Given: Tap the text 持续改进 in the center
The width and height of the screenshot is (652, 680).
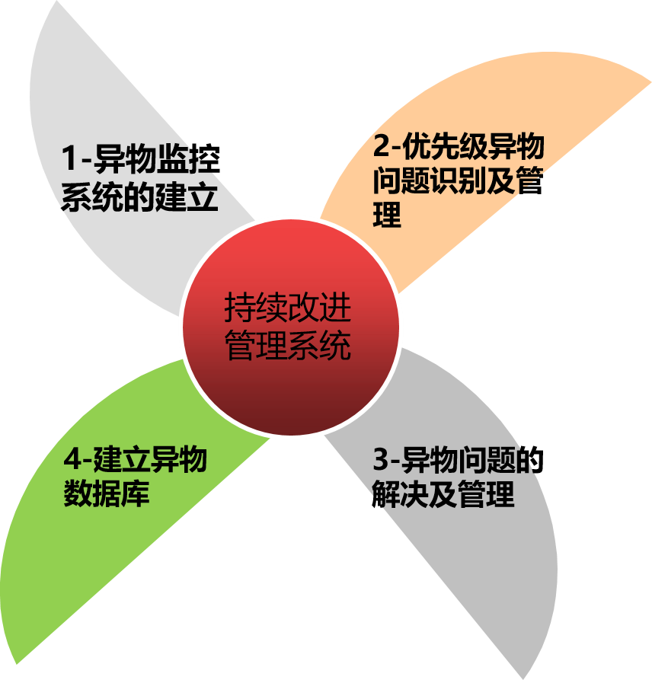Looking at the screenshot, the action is click(288, 308).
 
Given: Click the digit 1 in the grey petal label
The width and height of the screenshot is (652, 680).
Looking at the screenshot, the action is click(71, 160).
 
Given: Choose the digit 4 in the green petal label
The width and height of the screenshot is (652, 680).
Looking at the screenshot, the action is click(72, 460).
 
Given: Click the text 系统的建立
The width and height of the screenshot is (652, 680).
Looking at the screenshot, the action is click(139, 197).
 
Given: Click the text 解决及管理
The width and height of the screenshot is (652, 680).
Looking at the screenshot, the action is click(443, 495).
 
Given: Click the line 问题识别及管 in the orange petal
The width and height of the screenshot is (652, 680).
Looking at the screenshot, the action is click(457, 181).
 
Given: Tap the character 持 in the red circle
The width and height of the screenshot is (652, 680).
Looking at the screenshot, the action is click(240, 308).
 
